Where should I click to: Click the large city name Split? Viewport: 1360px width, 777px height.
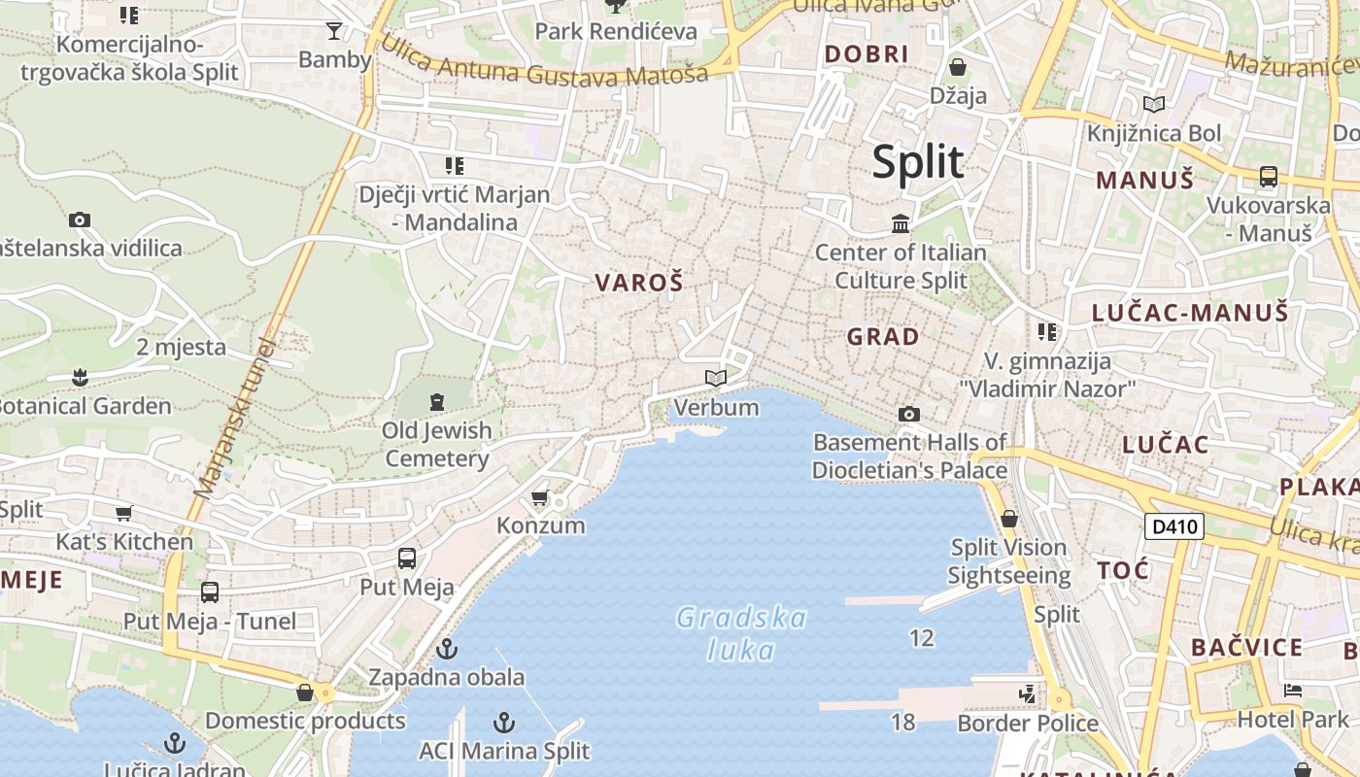[x=918, y=161]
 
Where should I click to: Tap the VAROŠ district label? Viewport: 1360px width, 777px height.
[x=638, y=283]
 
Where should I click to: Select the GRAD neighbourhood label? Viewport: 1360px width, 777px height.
[x=883, y=337]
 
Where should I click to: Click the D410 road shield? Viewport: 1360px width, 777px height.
[x=1173, y=527]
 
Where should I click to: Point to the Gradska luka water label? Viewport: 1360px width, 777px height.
[x=741, y=633]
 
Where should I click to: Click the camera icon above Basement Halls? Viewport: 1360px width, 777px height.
[x=908, y=415]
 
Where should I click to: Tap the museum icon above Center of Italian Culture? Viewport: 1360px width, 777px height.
[x=901, y=224]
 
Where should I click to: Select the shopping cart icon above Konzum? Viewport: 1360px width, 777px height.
[x=540, y=498]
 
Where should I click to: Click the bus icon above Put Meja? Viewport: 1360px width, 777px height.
[x=407, y=558]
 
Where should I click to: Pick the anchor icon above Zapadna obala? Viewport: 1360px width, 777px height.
[x=447, y=648]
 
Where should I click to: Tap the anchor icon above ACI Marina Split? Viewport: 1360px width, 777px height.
[x=503, y=722]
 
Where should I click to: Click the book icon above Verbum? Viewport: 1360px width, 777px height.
[x=716, y=378]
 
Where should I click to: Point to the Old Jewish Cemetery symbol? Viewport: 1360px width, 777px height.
[x=436, y=400]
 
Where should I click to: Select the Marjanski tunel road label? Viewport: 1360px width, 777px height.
[x=234, y=420]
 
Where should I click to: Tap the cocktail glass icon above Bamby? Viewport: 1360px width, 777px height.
[x=334, y=31]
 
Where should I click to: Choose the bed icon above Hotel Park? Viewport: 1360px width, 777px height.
[x=1292, y=691]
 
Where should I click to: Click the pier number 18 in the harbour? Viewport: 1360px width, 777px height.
[x=902, y=722]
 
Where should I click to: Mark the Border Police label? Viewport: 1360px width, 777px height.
[x=1028, y=724]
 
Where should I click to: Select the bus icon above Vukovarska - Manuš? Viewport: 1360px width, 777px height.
[x=1268, y=177]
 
